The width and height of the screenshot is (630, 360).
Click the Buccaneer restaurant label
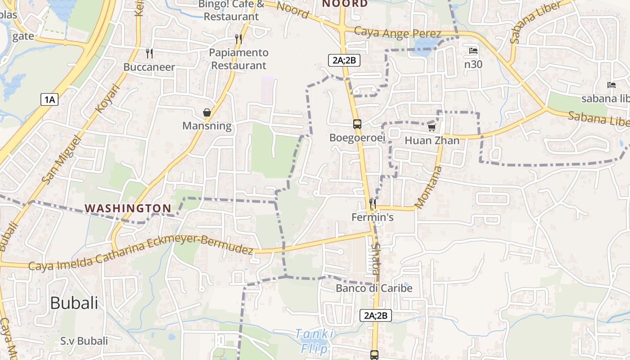tap(149, 67)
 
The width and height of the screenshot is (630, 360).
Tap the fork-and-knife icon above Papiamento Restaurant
tap(238, 39)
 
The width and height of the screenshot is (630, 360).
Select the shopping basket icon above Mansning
tap(207, 112)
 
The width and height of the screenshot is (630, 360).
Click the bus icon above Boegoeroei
tap(357, 124)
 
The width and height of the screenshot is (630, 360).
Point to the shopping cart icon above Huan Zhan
tap(432, 127)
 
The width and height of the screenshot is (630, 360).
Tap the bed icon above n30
tap(473, 51)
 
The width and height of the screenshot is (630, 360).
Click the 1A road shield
tap(49, 99)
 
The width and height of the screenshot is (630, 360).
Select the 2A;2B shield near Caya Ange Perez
tap(344, 60)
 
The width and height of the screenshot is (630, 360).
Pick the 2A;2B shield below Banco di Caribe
tap(376, 315)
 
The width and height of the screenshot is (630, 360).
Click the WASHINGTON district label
tap(128, 208)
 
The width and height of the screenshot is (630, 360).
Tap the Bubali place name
tap(74, 303)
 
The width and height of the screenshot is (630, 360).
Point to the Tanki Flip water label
tap(315, 341)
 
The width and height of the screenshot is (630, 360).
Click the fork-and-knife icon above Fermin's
tap(372, 204)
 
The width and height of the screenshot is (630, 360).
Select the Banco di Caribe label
tap(374, 288)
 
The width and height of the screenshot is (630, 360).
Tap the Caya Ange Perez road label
tap(397, 33)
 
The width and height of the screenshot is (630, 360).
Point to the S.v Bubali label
tap(84, 341)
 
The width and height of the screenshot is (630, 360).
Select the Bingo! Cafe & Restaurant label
tap(231, 10)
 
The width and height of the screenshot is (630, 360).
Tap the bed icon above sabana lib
tap(612, 85)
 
